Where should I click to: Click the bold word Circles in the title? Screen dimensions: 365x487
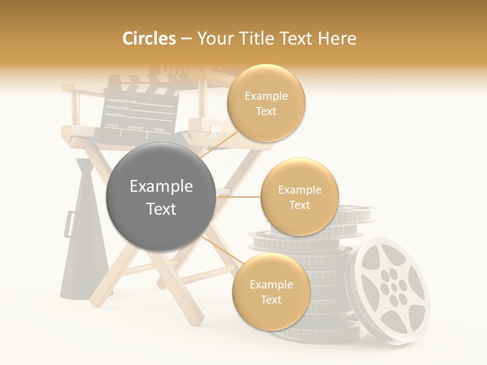coord(149,39)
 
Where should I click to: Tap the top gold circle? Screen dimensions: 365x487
coord(266,103)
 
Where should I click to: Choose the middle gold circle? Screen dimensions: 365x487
coord(299,197)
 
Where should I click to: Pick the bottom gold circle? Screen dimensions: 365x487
coord(271,291)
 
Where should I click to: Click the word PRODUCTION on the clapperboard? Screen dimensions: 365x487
coord(122,101)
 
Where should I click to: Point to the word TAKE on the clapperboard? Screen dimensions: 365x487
coord(159,130)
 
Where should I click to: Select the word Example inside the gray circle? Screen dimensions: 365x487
coord(161,186)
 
